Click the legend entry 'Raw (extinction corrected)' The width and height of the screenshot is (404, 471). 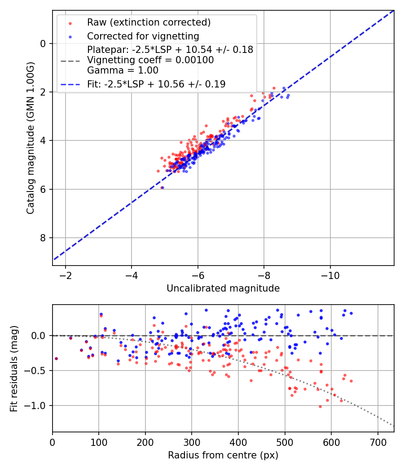[149, 22]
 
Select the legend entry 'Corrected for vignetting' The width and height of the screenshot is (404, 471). [143, 36]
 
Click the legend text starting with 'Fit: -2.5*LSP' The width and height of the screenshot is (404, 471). [156, 84]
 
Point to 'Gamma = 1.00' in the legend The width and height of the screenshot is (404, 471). [123, 70]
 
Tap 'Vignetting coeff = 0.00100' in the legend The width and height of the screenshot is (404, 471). [150, 60]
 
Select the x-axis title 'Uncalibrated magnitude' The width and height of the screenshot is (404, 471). [223, 288]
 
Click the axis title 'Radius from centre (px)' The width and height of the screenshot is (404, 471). [223, 455]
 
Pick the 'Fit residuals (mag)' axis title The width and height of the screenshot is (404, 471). [13, 368]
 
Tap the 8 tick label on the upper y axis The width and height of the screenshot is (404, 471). [43, 238]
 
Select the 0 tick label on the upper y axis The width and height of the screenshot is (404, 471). [43, 44]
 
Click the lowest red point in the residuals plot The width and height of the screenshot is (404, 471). [320, 406]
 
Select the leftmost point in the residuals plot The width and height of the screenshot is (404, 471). [56, 358]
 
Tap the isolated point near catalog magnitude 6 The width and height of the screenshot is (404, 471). [162, 188]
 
